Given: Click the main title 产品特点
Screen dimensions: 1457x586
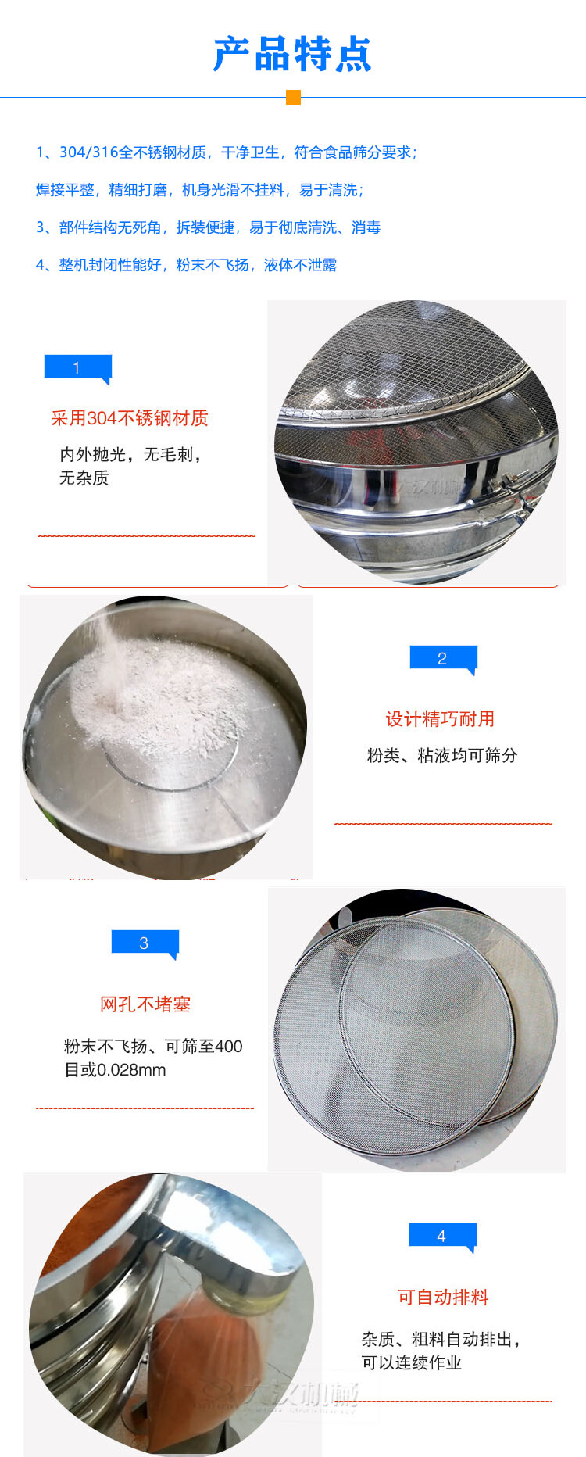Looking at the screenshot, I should click(292, 54).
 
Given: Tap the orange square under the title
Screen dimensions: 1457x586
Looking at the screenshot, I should click(293, 97).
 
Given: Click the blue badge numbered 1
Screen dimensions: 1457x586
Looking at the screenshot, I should click(77, 367).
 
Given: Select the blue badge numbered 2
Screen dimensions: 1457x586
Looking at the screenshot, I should click(442, 658).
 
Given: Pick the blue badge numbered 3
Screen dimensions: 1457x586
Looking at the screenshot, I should click(145, 943).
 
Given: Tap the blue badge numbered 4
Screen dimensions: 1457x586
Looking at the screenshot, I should click(441, 1236).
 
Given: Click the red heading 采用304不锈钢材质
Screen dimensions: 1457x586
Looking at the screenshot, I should click(130, 418).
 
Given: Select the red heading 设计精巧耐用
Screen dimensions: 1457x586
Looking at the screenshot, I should click(440, 719).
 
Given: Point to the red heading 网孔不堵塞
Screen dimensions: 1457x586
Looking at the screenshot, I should click(145, 1004).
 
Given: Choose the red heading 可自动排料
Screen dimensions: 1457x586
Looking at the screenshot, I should click(443, 1298).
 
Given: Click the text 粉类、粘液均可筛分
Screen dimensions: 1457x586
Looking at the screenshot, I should click(442, 755).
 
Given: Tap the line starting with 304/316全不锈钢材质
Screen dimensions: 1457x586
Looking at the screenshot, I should click(227, 152).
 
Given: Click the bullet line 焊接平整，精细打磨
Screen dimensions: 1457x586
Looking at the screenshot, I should click(200, 190).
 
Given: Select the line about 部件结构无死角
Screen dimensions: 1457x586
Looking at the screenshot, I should click(208, 227).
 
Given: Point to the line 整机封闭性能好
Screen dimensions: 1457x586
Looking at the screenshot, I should click(186, 265).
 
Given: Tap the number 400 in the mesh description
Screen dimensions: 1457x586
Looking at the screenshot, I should click(228, 1046).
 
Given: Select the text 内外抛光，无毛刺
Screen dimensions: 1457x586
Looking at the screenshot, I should click(130, 454).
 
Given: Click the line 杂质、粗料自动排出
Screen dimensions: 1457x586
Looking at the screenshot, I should click(441, 1339).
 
